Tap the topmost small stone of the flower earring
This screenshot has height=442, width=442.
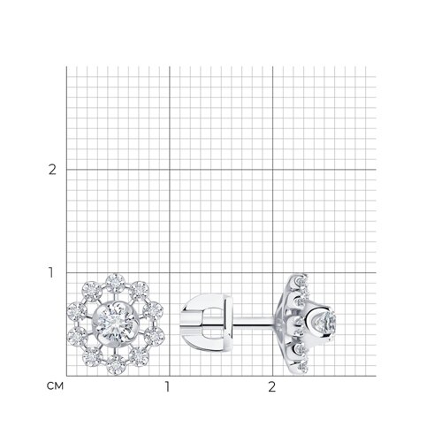point(115,282)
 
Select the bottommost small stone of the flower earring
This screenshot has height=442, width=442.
point(116,364)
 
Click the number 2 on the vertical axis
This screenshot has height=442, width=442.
point(52,170)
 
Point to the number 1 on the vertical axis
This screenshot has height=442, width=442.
point(51,273)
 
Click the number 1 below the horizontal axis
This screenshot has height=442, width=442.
point(167,387)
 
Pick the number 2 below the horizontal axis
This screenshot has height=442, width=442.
point(271,387)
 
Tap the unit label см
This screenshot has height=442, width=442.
point(55,385)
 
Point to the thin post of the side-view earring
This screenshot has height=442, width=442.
point(254,322)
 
